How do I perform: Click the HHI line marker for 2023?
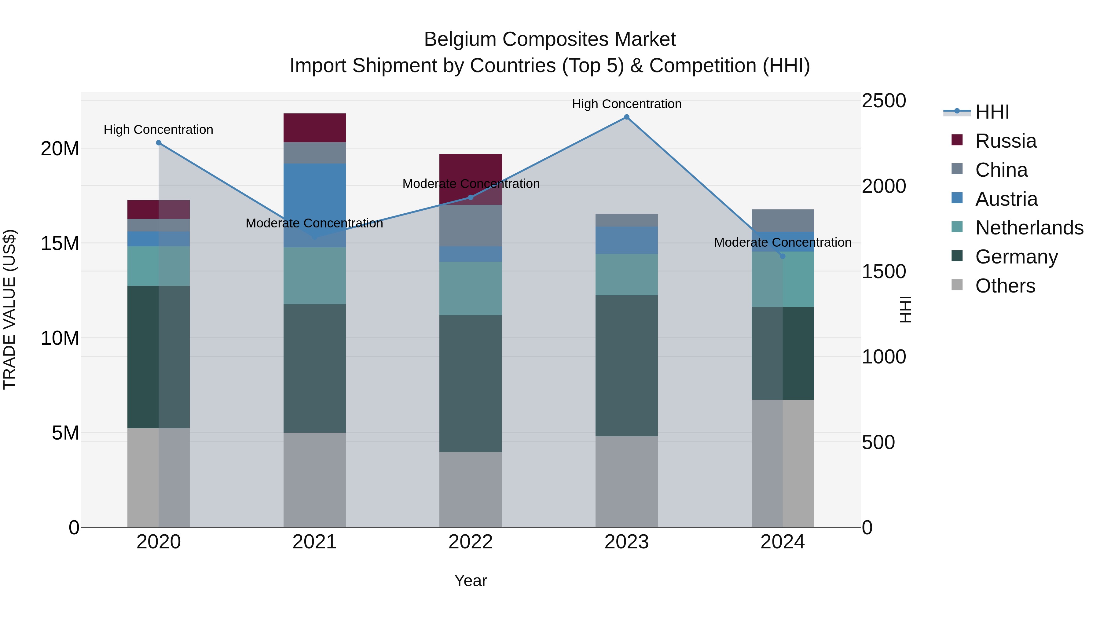click(x=626, y=117)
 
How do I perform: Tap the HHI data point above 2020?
click(x=158, y=143)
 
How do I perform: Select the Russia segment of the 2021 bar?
click(x=315, y=128)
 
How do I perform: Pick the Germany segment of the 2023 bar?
click(x=626, y=365)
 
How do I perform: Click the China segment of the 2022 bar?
click(x=471, y=226)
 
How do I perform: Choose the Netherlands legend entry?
click(x=1029, y=228)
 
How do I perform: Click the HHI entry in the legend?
click(x=992, y=112)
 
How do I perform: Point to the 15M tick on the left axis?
click(x=60, y=244)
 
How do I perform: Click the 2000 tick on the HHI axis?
click(x=883, y=186)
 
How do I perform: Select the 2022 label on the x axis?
click(x=471, y=542)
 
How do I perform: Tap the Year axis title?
click(x=471, y=580)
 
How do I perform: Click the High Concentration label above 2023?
click(x=626, y=104)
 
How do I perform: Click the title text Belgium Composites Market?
click(x=550, y=39)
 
